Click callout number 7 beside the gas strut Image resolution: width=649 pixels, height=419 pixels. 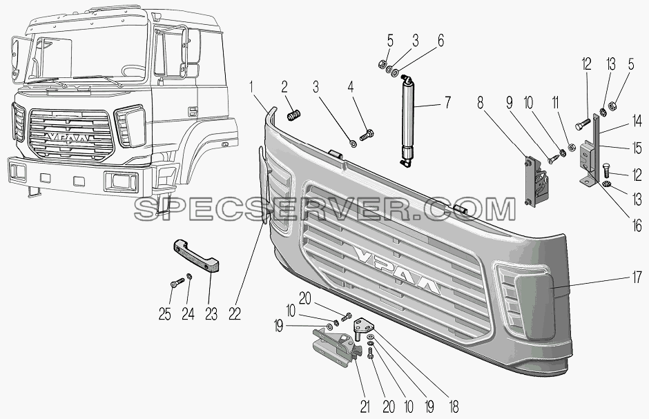[x=447, y=101]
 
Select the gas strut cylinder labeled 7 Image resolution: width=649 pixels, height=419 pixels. [x=407, y=121]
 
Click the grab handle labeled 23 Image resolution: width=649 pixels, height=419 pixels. [x=196, y=255]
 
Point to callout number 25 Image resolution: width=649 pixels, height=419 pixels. [x=164, y=315]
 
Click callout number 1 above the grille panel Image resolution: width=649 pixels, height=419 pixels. [x=251, y=88]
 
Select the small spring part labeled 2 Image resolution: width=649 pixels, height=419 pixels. [x=293, y=115]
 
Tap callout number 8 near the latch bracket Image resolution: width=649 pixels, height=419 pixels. [x=480, y=102]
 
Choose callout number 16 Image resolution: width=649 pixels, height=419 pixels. [x=637, y=226]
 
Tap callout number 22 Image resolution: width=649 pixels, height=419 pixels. [x=234, y=314]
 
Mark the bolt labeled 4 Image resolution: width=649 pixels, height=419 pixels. [x=367, y=135]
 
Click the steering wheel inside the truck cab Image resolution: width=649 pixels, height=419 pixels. [x=133, y=70]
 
